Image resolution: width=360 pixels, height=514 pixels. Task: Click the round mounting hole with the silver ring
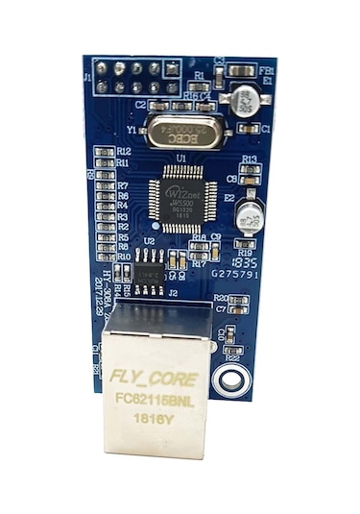230,379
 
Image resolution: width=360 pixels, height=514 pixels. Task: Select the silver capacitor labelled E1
243,97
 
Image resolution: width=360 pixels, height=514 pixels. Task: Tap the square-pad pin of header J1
173,68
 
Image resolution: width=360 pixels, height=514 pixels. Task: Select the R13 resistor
250,169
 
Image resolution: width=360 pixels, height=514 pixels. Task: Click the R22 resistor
234,348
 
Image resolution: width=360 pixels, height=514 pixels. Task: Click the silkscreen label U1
180,157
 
